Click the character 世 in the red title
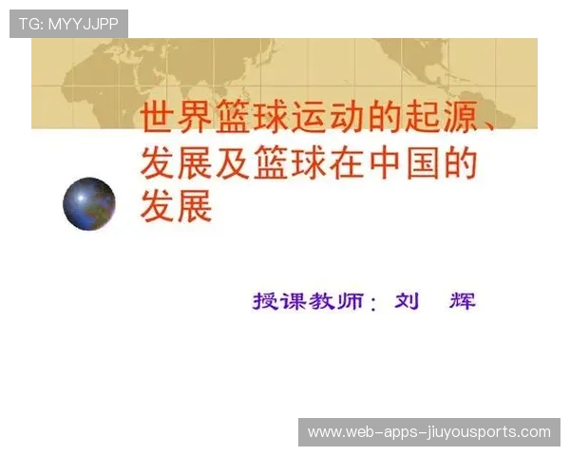(158, 119)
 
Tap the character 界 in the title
(196, 119)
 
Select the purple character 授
(266, 302)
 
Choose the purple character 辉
(462, 302)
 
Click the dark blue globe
(89, 203)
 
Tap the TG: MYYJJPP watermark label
(68, 24)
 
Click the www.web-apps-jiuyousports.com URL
(429, 432)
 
